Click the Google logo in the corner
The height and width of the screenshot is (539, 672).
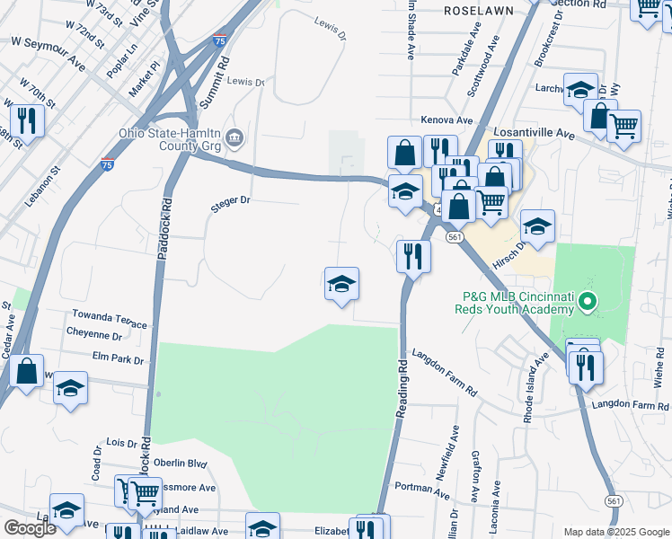coord(30,528)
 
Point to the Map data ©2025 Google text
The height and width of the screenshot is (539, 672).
coord(616,532)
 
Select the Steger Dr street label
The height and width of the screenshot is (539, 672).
coord(231,201)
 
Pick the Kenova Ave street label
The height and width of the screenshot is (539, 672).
coord(447,119)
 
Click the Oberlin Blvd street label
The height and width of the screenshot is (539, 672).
coord(180,464)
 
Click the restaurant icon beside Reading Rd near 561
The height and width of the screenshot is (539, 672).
coord(413,256)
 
